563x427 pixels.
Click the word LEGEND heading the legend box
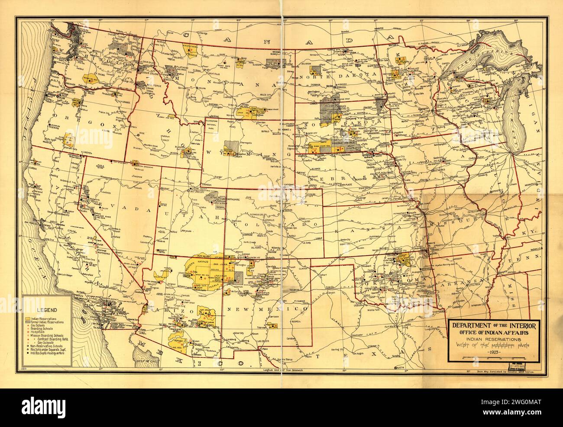click(45, 309)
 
